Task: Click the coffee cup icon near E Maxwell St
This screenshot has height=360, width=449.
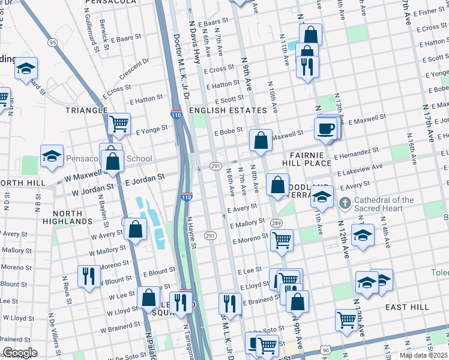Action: [326, 129]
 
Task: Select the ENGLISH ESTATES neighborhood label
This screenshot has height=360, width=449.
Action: [228, 110]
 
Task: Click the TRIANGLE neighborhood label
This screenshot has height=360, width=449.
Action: [88, 110]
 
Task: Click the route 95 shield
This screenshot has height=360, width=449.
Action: [53, 42]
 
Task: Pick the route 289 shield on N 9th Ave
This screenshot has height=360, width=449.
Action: [276, 223]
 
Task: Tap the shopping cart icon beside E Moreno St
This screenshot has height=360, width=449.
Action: [282, 240]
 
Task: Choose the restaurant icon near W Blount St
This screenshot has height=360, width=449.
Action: [89, 277]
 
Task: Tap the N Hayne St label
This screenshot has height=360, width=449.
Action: [191, 233]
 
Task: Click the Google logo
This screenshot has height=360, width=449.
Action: [20, 353]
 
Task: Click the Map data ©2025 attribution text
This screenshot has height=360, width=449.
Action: [423, 355]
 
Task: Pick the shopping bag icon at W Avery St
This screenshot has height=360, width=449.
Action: [136, 229]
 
